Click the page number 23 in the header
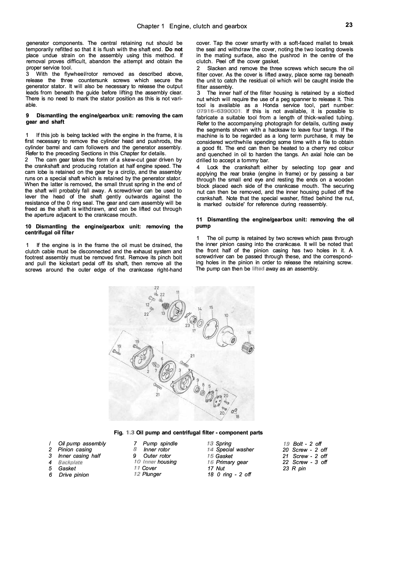349,25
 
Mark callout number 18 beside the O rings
237,417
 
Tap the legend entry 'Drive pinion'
74,475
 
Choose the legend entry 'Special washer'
235,450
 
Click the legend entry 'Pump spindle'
160,443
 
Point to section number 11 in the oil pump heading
199,220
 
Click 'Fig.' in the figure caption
119,433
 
